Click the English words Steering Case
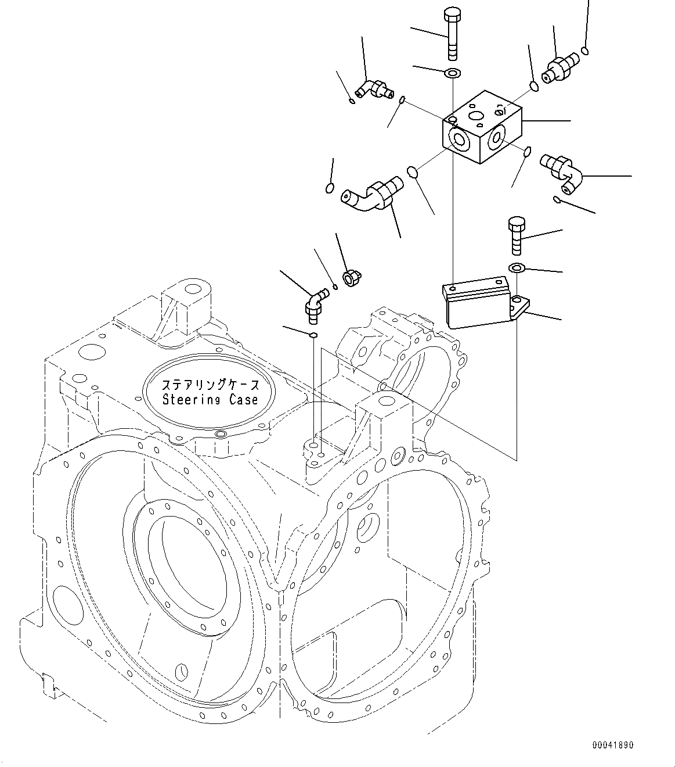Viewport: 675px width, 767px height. click(x=210, y=400)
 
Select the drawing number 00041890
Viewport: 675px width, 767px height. click(x=613, y=745)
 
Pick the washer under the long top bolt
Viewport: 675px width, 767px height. click(x=452, y=73)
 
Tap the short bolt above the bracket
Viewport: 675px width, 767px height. click(x=516, y=235)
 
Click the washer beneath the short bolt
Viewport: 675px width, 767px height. click(x=516, y=267)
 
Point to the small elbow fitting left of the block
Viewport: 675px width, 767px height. click(x=371, y=89)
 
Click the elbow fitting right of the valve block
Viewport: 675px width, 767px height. click(x=561, y=173)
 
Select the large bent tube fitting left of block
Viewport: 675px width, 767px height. click(x=371, y=194)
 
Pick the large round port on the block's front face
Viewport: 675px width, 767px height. click(x=459, y=139)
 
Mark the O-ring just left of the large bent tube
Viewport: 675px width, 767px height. click(x=329, y=188)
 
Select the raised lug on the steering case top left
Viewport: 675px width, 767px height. click(x=186, y=305)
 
